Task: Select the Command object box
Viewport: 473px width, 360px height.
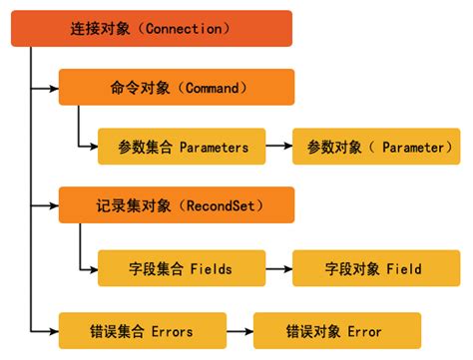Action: [177, 87]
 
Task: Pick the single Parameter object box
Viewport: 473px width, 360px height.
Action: [375, 147]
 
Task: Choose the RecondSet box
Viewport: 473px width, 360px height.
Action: [177, 205]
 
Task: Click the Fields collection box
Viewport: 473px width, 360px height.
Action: [181, 268]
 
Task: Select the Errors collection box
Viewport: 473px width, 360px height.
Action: [139, 329]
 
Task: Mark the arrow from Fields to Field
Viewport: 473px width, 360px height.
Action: [278, 268]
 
